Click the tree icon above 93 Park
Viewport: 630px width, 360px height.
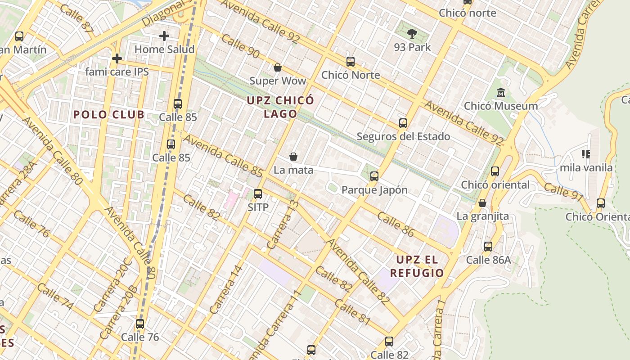(412, 33)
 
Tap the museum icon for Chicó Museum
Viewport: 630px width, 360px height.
(500, 93)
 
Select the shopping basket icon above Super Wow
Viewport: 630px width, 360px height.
(278, 67)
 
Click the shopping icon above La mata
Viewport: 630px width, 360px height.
(293, 157)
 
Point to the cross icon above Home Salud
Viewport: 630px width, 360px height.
(164, 36)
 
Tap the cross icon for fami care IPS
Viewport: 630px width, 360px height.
(117, 58)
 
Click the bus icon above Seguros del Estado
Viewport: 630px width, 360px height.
(403, 123)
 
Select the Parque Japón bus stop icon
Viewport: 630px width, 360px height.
(374, 176)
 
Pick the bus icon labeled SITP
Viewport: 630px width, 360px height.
(258, 194)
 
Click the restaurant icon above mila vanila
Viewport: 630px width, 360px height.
(586, 154)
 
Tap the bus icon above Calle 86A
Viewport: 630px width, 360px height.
(488, 246)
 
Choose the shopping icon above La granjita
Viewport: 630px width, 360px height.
(482, 203)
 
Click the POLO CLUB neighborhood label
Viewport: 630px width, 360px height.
(109, 114)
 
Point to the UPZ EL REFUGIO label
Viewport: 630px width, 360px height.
(417, 266)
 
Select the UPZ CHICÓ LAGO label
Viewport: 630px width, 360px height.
(280, 107)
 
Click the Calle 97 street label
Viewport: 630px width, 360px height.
(563, 191)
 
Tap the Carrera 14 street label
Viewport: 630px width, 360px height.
(226, 290)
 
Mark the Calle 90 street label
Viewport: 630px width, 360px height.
(241, 46)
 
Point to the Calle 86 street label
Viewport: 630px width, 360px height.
(396, 224)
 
